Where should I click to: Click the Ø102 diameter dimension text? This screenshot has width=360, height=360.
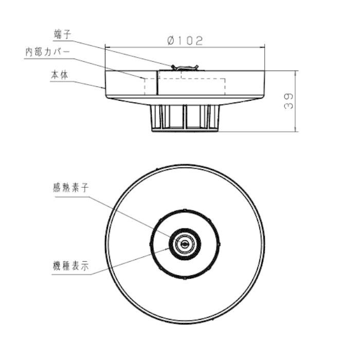186,41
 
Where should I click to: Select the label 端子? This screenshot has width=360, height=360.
62,34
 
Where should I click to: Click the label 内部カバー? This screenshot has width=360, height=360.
47,52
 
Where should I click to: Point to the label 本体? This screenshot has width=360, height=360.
60,75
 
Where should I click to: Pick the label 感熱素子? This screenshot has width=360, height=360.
70,187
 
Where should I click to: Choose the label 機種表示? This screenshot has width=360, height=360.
70,267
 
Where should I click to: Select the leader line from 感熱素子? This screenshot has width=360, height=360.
134,213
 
